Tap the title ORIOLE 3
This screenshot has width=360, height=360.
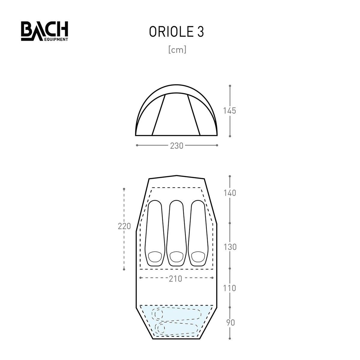[176, 32]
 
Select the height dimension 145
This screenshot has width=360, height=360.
[230, 111]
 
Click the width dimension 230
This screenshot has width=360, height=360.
[176, 146]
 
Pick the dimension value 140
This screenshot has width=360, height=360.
[230, 193]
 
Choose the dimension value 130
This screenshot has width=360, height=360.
[230, 247]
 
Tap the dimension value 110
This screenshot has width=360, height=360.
[230, 288]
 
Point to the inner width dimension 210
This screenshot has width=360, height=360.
[176, 279]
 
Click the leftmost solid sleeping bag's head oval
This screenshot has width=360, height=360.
[154, 257]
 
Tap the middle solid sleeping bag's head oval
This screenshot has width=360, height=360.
[176, 257]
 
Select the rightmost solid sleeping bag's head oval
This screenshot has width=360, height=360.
[198, 257]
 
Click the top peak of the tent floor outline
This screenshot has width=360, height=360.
[176, 175]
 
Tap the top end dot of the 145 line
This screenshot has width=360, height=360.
[230, 86]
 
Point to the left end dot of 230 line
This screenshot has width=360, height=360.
[137, 145]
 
